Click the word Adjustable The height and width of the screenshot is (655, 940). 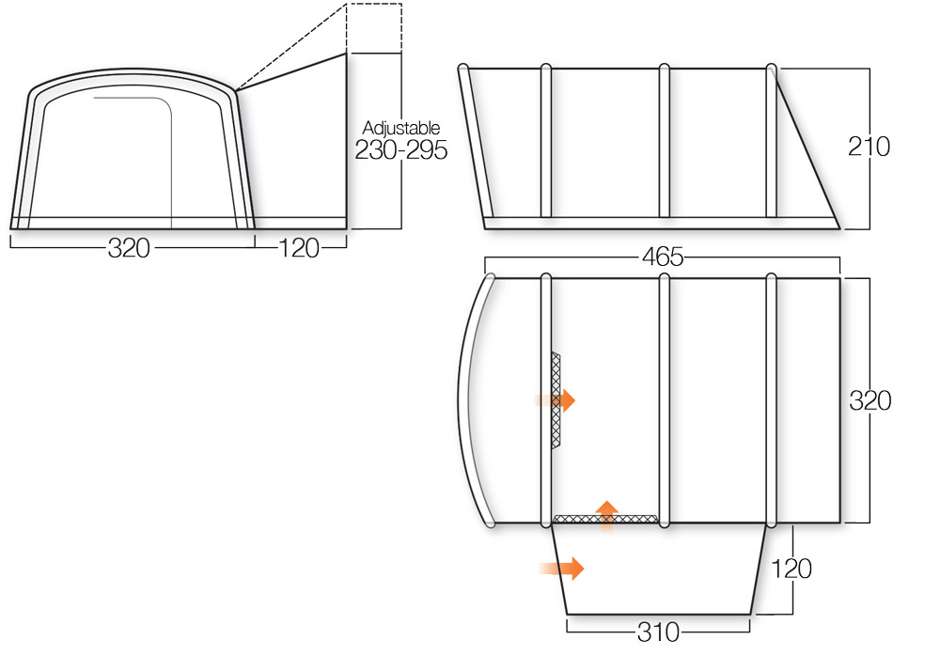point(401,128)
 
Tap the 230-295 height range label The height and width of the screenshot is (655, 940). point(401,149)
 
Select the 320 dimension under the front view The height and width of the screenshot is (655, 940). point(129,248)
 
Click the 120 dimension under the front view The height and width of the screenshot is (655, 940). point(299,248)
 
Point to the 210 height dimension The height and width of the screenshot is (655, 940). point(869,147)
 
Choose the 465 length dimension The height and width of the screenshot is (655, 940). point(663,257)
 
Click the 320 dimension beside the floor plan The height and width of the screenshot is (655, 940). point(869,401)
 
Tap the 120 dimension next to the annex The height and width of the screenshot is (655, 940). point(791,569)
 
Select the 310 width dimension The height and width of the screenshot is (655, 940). point(658,632)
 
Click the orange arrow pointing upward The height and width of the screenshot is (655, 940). point(606,515)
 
